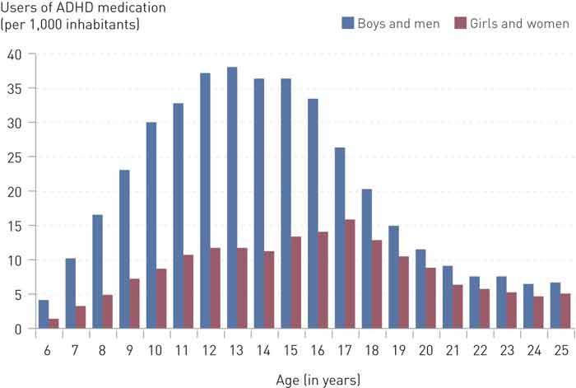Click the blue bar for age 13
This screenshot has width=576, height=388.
[x=232, y=198]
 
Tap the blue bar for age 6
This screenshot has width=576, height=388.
[x=44, y=314]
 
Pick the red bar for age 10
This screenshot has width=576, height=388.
[x=162, y=298]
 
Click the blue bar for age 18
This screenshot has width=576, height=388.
[x=366, y=259]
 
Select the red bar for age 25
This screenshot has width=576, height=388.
[x=565, y=311]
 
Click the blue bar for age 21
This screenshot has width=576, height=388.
[x=447, y=297]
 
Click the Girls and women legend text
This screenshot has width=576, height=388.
[x=519, y=23]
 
